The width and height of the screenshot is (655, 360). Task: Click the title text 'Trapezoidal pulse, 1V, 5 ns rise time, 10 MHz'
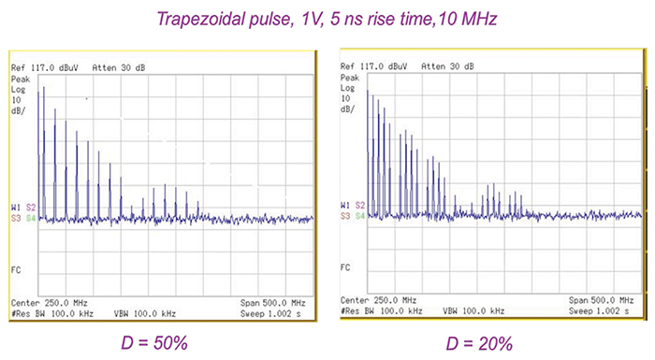coord(326,19)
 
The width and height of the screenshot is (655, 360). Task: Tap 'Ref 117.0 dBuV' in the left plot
coord(45,69)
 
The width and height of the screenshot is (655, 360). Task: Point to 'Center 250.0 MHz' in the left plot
coord(49,303)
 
